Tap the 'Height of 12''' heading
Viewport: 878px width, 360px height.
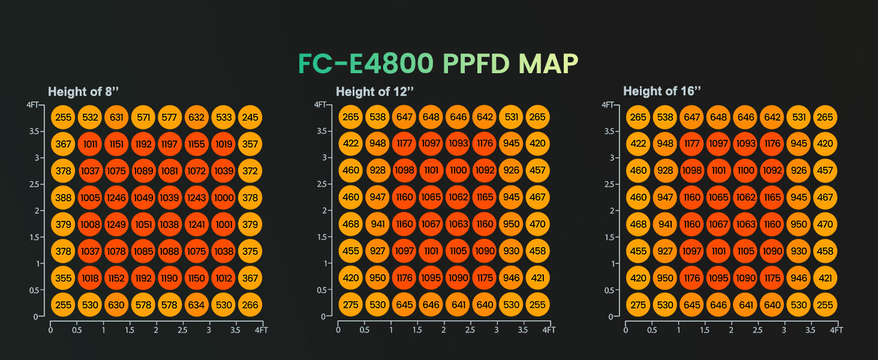(375, 91)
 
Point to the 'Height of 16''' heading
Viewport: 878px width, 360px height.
(663, 91)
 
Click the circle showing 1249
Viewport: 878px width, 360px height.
(116, 224)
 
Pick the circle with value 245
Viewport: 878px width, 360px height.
(250, 118)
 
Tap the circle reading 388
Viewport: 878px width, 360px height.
(63, 198)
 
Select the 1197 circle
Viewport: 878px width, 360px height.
(170, 144)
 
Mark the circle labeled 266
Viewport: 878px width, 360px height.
(250, 305)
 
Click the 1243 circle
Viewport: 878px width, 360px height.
(197, 198)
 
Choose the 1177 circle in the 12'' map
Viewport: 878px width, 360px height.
(404, 144)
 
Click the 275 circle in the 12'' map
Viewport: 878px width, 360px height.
(351, 305)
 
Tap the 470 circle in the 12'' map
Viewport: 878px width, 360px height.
(538, 224)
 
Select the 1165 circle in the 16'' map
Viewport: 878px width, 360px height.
(772, 198)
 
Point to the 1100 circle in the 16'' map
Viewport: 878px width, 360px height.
(745, 171)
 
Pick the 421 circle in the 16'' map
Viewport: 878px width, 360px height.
(825, 278)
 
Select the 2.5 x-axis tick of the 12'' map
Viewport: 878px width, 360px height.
(470, 330)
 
